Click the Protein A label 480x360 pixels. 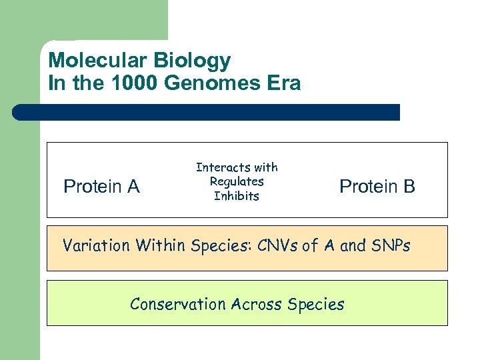click(101, 187)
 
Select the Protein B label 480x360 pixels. click(377, 187)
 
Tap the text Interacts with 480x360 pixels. click(237, 167)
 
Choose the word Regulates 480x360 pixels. click(237, 181)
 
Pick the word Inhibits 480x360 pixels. click(237, 196)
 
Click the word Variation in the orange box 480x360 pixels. click(97, 246)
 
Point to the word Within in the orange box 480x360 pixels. click(161, 246)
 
